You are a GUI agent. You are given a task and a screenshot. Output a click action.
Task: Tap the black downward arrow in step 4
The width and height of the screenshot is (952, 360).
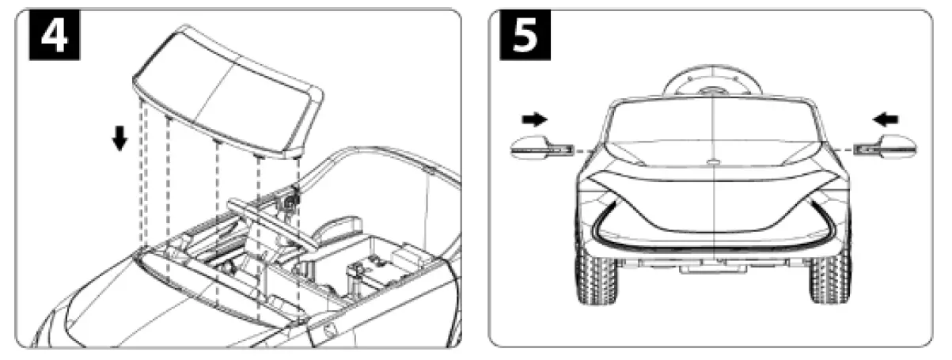tap(119, 138)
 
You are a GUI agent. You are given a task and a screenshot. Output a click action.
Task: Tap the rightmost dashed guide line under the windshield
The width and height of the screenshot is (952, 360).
tap(298, 237)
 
